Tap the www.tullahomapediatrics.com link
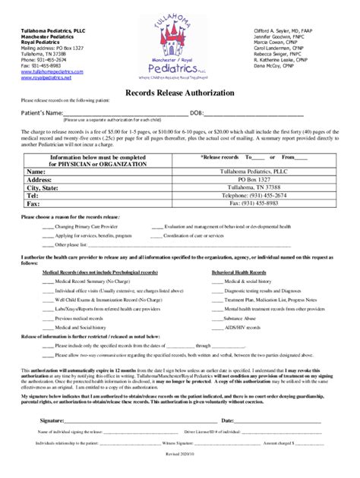tap(52, 72)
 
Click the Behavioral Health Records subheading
tap(238, 272)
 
